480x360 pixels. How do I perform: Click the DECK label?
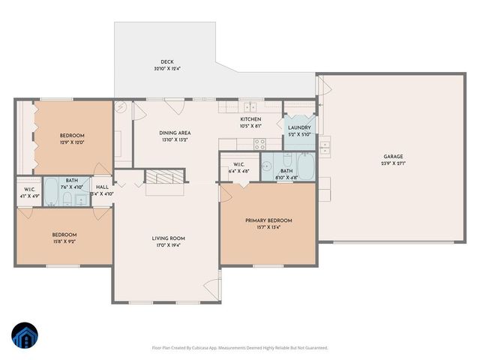166,62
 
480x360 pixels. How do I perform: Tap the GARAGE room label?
393,157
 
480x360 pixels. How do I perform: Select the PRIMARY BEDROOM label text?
268,220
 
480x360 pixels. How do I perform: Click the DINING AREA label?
173,133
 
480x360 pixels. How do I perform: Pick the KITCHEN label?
250,119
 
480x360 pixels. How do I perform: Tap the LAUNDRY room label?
299,127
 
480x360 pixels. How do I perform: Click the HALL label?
102,187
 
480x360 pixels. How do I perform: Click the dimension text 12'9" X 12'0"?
72,142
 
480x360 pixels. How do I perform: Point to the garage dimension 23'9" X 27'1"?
393,163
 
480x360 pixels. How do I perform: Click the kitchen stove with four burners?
262,144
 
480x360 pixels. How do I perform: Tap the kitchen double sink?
250,106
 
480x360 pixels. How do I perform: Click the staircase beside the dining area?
163,178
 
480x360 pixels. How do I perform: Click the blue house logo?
25,337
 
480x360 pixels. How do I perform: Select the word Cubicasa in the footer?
211,348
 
